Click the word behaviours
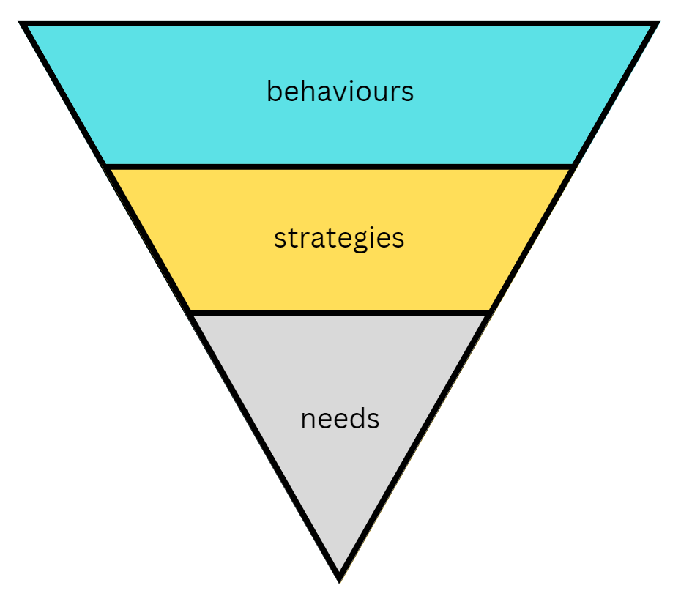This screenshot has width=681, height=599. click(x=340, y=92)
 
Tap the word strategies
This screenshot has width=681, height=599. click(x=339, y=239)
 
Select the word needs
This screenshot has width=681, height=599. click(x=340, y=419)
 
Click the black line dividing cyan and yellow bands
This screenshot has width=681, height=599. click(x=340, y=167)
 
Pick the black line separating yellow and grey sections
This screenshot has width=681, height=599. click(x=340, y=313)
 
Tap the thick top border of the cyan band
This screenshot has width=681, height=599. click(x=340, y=24)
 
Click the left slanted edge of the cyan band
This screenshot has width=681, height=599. click(x=67, y=95)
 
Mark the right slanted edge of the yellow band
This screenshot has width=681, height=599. click(x=530, y=240)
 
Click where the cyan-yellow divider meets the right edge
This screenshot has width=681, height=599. click(x=571, y=167)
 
